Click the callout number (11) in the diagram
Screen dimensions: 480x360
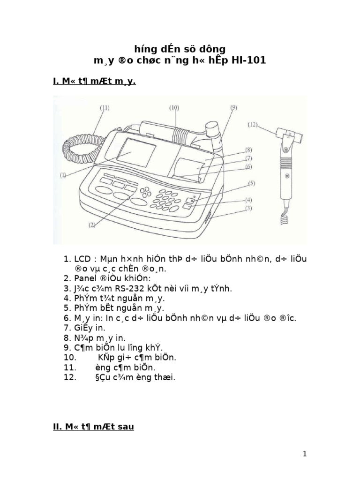tap(105, 108)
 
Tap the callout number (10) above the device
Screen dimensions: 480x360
tap(174, 107)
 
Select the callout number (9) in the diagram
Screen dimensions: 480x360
tap(233, 107)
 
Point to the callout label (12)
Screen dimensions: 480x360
tap(253, 125)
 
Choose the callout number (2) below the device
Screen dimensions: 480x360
tap(92, 225)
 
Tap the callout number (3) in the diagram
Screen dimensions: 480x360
tap(249, 208)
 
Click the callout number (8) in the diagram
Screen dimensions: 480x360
tap(249, 150)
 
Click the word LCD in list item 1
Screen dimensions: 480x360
tap(82, 259)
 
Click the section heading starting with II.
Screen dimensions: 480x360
tap(93, 427)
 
